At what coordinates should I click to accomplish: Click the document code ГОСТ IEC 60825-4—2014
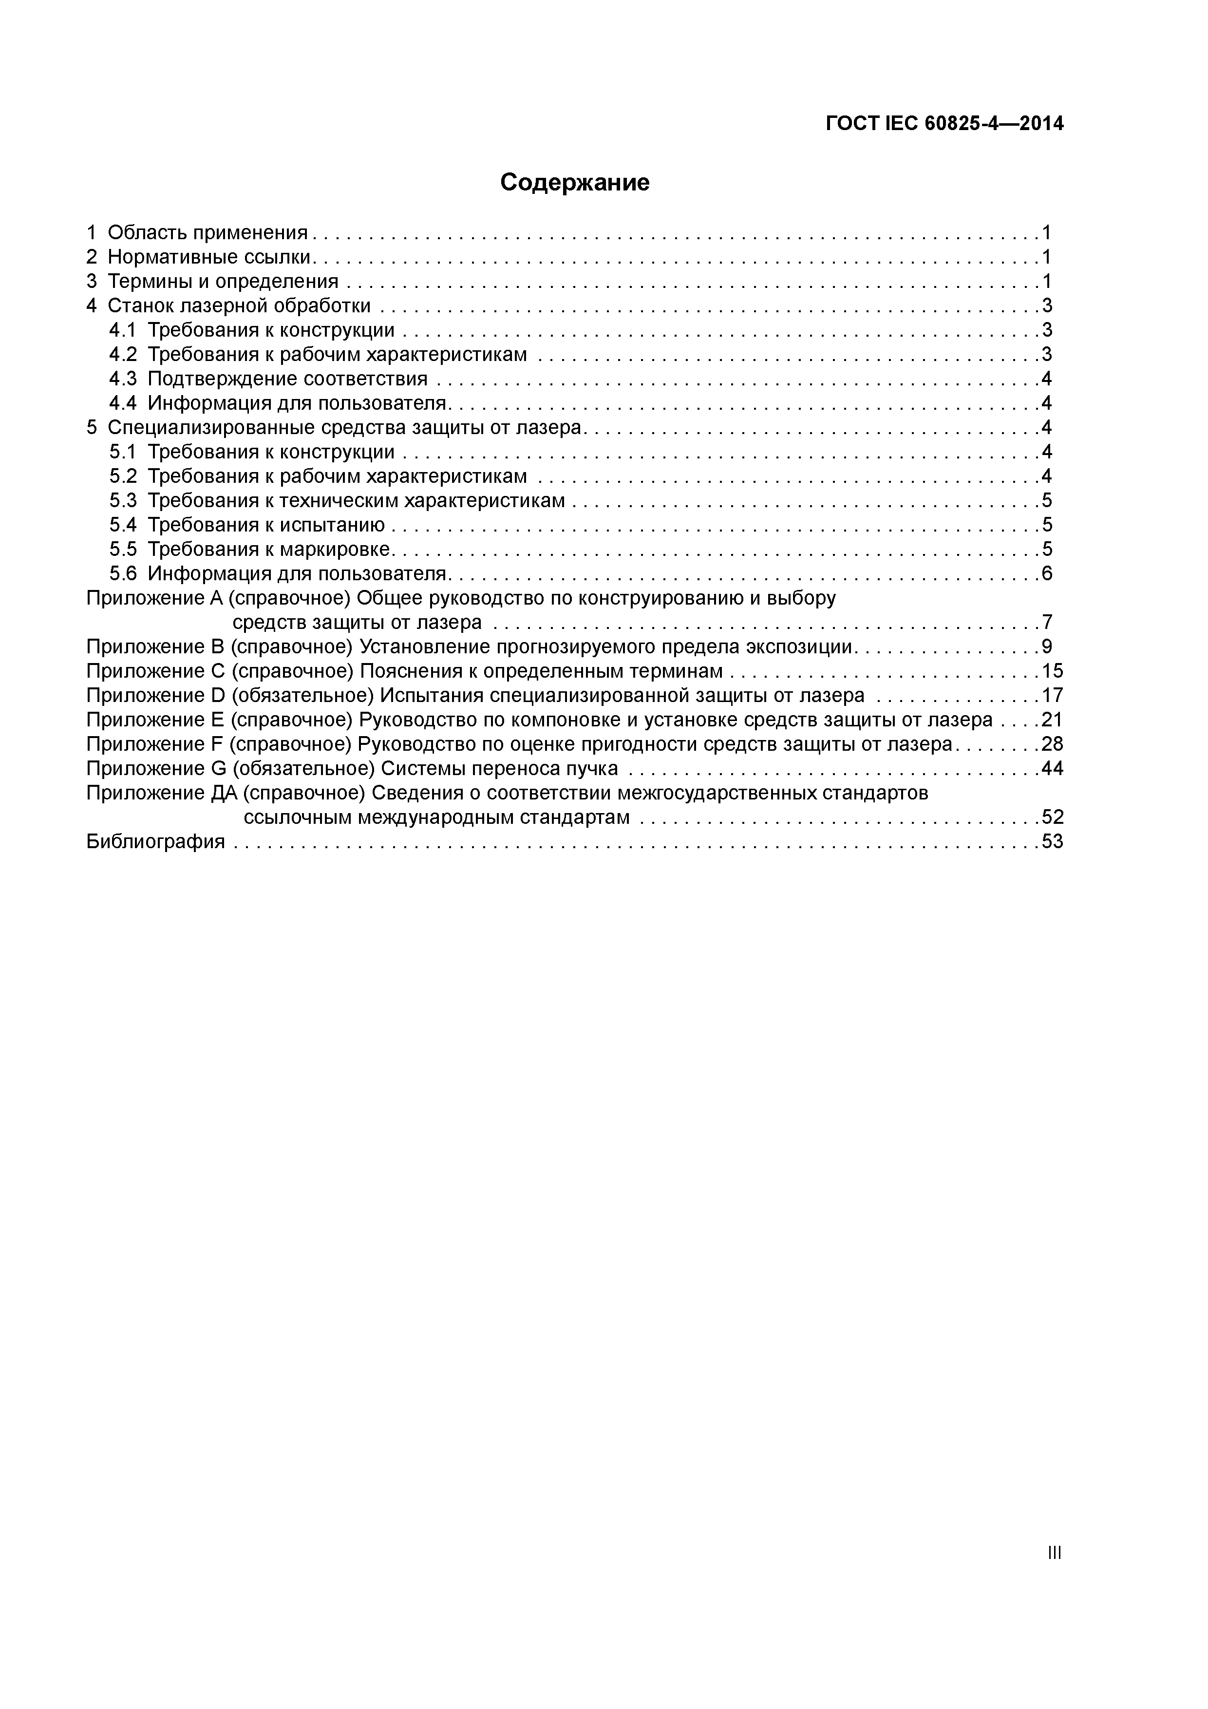click(x=944, y=124)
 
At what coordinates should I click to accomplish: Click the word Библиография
click(x=155, y=842)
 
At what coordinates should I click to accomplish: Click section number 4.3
click(x=123, y=379)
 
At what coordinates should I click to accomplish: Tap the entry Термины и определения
click(x=223, y=282)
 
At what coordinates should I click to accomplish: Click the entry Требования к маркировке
click(x=269, y=550)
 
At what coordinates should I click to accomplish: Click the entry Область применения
click(x=207, y=233)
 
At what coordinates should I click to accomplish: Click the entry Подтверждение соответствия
click(x=287, y=379)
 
